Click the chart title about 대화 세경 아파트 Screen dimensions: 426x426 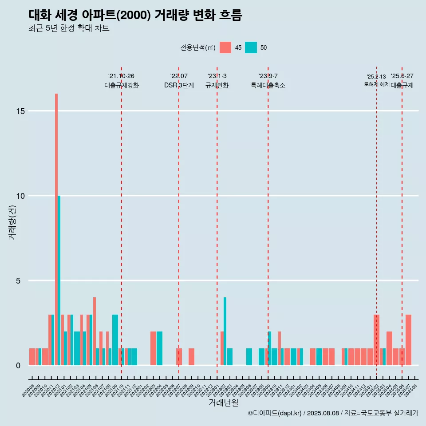pyautogui.click(x=135, y=15)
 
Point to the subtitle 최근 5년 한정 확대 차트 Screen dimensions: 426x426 pyautogui.click(x=69, y=28)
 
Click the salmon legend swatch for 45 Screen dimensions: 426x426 pyautogui.click(x=225, y=47)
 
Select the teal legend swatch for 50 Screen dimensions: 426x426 pyautogui.click(x=251, y=47)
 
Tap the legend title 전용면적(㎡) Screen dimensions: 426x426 pyautogui.click(x=198, y=48)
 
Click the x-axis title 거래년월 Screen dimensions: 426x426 pyautogui.click(x=223, y=403)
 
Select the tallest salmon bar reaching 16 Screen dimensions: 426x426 pyautogui.click(x=56, y=229)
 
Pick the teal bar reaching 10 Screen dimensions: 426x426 pyautogui.click(x=59, y=280)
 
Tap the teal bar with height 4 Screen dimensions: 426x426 pyautogui.click(x=225, y=331)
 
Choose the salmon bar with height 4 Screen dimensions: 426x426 pyautogui.click(x=95, y=331)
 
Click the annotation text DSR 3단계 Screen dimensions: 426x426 pyautogui.click(x=179, y=85)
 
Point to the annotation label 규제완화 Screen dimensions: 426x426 pyautogui.click(x=217, y=85)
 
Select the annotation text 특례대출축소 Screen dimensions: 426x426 pyautogui.click(x=268, y=85)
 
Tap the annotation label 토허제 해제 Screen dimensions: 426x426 pyautogui.click(x=376, y=84)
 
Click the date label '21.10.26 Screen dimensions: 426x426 pyautogui.click(x=121, y=76)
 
